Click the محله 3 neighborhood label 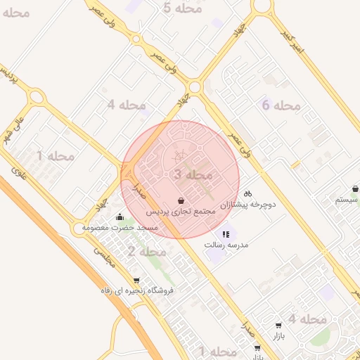point(192,174)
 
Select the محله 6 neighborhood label point(281,105)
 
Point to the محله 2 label point(147,251)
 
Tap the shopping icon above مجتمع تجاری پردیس point(181,200)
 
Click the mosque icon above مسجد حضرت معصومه point(120,217)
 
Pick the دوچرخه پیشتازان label point(247,205)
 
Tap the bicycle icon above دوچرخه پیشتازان point(247,193)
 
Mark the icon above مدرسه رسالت point(226,234)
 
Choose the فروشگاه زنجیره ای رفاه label point(136,290)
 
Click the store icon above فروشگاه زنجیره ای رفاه point(136,280)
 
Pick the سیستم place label point(347,200)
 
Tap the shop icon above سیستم point(356,188)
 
